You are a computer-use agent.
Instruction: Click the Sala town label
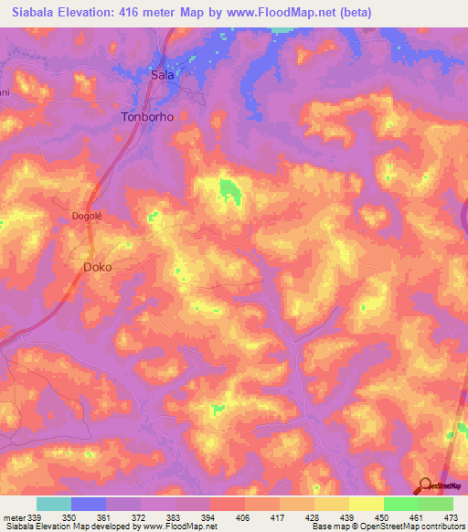pyautogui.click(x=162, y=76)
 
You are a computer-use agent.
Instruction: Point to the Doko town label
pyautogui.click(x=98, y=267)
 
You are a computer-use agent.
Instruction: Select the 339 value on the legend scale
pyautogui.click(x=35, y=516)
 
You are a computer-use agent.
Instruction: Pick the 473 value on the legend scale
pyautogui.click(x=450, y=516)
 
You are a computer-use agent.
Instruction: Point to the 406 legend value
pyautogui.click(x=243, y=516)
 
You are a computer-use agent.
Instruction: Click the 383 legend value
pyautogui.click(x=174, y=516)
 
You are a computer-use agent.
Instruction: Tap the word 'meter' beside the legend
pyautogui.click(x=12, y=516)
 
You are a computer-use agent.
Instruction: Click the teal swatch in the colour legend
pyautogui.click(x=54, y=504)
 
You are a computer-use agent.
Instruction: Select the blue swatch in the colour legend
pyautogui.click(x=89, y=504)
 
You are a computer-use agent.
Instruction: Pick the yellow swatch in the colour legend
pyautogui.click(x=366, y=504)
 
